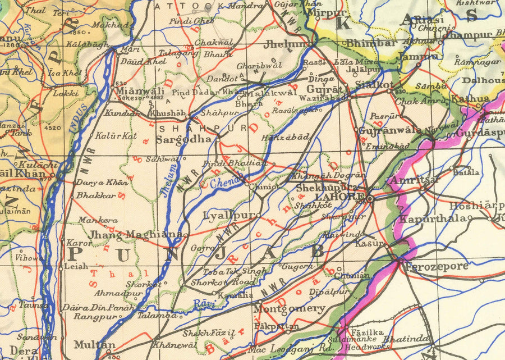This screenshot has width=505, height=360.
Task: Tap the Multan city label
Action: click(x=94, y=344)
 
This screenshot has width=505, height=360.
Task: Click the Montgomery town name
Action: click(x=289, y=309)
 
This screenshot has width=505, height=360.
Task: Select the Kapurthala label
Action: click(x=433, y=218)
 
